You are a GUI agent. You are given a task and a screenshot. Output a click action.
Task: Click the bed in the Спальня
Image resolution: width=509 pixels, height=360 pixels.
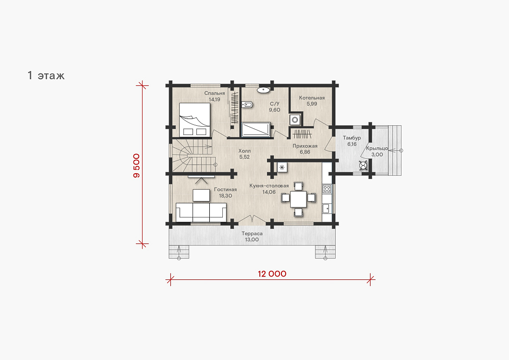[x=194, y=120]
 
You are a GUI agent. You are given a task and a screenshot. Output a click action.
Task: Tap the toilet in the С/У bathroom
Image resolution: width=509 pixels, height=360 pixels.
[x=247, y=105]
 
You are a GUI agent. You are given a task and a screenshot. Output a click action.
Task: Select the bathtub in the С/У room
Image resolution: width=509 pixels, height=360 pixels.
[x=256, y=130]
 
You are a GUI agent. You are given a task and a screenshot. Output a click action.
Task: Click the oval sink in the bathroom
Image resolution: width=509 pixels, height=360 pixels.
[x=263, y=90]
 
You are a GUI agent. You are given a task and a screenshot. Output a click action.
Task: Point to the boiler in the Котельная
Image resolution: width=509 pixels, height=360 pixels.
[x=295, y=120]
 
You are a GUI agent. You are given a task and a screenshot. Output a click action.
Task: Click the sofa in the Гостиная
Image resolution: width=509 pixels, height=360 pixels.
[x=201, y=212]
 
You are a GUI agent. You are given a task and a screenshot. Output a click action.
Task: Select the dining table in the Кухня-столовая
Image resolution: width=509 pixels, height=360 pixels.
[x=298, y=199]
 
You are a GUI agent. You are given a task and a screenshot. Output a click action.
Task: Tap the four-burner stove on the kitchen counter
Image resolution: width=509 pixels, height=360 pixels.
[x=327, y=189]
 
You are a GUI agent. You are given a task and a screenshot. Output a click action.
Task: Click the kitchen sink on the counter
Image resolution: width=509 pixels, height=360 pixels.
[x=327, y=208]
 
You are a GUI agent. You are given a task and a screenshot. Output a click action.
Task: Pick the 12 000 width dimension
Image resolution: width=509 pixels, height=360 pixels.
[x=272, y=274]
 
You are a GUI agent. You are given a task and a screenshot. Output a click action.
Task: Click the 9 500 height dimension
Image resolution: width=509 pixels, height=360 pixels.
[x=136, y=166]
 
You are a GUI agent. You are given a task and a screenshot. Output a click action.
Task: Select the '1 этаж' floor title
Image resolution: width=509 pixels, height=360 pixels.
[x=46, y=76]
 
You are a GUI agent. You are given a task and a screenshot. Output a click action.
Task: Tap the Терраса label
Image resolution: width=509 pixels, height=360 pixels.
[x=252, y=233]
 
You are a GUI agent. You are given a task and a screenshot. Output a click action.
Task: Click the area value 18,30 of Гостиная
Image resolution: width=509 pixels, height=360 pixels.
[x=225, y=196]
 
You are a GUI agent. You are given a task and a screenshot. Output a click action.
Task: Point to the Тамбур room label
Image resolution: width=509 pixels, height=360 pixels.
[x=352, y=138]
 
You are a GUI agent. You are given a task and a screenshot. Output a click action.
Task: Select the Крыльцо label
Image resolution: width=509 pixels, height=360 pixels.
[x=377, y=148]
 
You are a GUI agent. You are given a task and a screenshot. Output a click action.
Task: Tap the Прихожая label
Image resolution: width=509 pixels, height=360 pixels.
[x=305, y=146]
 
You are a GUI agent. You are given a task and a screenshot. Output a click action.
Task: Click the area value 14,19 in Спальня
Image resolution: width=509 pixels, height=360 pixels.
[x=214, y=100]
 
